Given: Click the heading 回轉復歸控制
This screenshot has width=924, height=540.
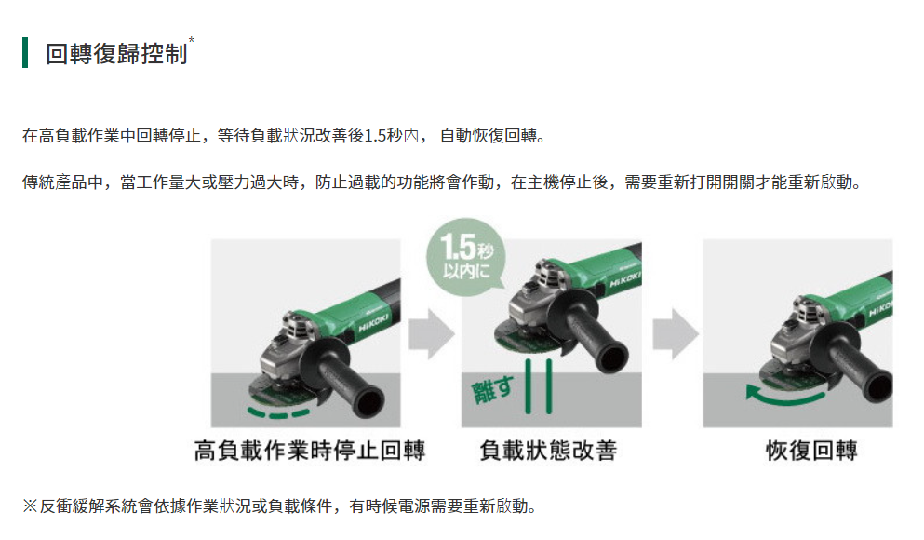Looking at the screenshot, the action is click(x=116, y=54).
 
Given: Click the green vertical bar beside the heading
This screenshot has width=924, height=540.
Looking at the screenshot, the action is click(x=25, y=52).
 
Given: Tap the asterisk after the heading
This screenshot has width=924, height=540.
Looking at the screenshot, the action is click(x=191, y=39).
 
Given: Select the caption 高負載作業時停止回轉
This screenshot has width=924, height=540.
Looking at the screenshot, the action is click(x=309, y=451).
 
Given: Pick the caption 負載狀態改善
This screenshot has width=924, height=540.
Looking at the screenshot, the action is click(x=548, y=451).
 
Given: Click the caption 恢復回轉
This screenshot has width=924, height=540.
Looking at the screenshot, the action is click(x=811, y=451).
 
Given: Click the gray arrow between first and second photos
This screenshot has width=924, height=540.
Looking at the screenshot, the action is click(x=432, y=333).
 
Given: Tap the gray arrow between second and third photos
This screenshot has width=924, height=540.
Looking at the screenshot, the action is click(x=676, y=333).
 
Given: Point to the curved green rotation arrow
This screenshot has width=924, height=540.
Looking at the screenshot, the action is click(x=783, y=399).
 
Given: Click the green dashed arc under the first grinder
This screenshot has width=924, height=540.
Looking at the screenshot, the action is click(x=278, y=413).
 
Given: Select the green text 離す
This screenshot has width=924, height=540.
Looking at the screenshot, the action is click(x=492, y=389).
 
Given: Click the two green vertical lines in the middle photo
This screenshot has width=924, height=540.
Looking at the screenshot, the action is click(x=538, y=386).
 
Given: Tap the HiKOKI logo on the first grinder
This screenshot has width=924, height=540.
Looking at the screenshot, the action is click(x=373, y=323).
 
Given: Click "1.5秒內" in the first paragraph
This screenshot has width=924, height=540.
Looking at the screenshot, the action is click(x=392, y=136).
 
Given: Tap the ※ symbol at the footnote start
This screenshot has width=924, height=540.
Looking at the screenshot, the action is click(x=30, y=506).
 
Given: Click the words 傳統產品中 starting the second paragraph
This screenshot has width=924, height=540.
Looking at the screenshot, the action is click(x=63, y=182).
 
